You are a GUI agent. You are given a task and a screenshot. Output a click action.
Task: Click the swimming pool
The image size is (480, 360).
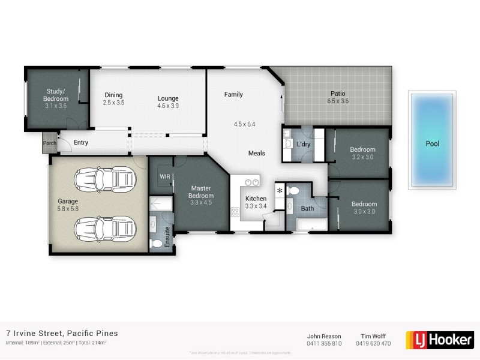432,140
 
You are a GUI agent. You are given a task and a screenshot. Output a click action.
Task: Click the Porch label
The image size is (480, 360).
49,143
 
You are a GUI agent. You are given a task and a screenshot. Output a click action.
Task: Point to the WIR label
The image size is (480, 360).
165,176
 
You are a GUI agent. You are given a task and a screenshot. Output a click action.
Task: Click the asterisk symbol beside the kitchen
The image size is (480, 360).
280,191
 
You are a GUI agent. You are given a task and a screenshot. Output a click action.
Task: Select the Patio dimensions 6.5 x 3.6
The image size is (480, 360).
338,101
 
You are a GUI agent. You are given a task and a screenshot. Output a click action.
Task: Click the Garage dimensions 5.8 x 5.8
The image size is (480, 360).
68,209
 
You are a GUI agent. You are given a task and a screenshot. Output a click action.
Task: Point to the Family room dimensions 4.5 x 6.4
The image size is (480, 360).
244,125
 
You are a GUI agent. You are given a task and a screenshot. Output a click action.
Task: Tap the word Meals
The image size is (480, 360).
257,154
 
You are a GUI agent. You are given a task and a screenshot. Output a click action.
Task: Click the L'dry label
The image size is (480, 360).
303,145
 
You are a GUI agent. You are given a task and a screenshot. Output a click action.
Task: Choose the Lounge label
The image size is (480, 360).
168,98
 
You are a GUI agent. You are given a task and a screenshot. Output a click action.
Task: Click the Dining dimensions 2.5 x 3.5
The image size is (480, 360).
113,103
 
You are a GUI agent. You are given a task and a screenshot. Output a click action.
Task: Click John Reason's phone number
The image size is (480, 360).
323,344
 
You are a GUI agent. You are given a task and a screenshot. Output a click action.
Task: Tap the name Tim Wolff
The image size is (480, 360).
374,336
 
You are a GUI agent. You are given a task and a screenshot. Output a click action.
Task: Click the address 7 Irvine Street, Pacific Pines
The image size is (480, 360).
62,333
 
